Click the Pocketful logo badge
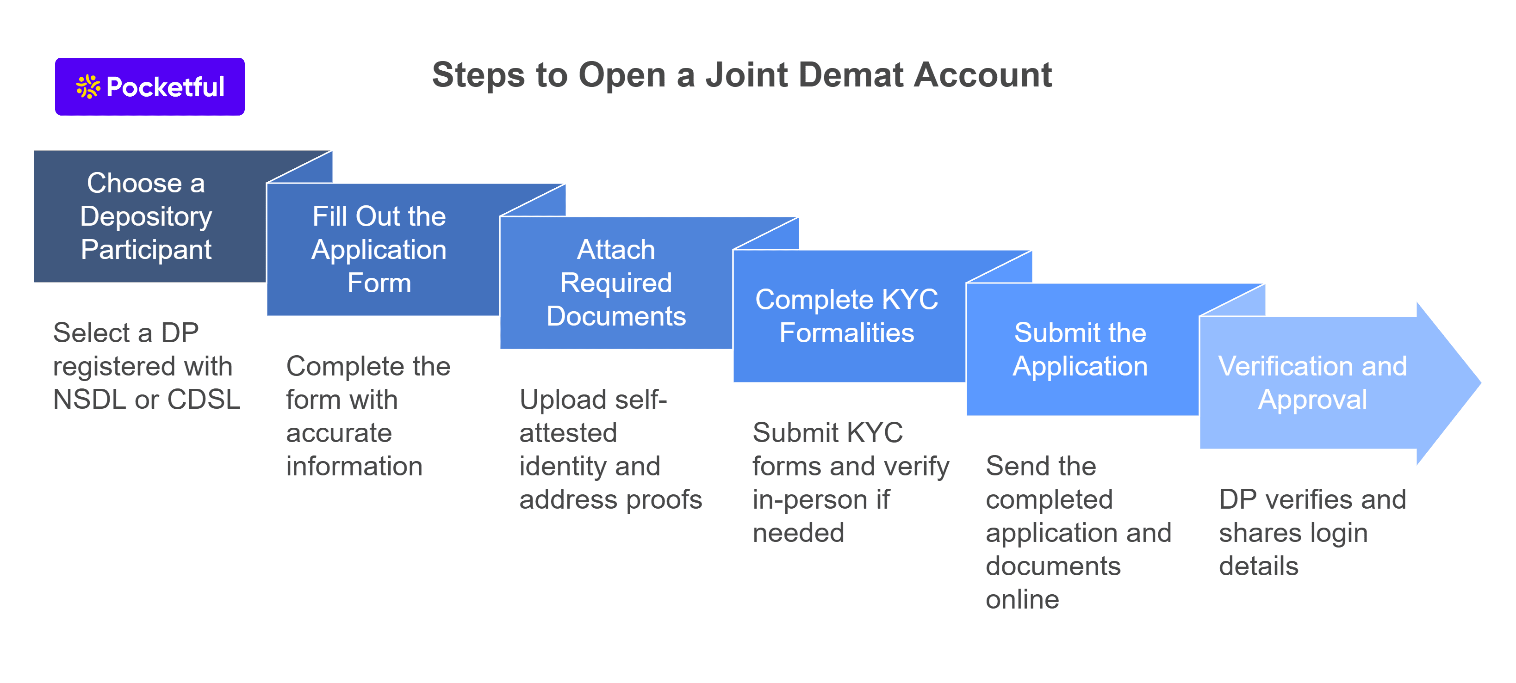(149, 86)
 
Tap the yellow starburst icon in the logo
(88, 86)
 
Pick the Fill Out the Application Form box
(379, 250)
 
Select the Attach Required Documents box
(615, 283)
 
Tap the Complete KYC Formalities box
(846, 316)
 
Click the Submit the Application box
(1080, 350)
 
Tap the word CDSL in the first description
(204, 400)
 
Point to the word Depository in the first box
(146, 216)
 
